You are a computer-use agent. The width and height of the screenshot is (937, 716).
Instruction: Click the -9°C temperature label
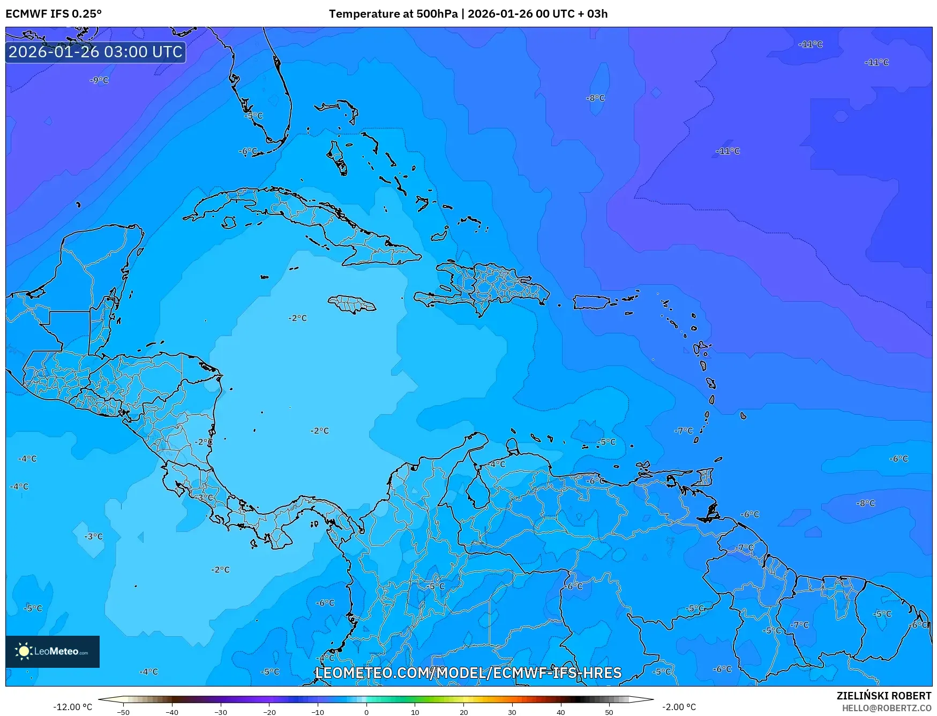99,80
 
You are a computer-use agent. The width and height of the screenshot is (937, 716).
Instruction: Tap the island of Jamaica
352,304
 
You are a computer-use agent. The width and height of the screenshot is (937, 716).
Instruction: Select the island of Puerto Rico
594,302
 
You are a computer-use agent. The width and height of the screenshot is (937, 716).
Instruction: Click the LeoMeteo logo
53,651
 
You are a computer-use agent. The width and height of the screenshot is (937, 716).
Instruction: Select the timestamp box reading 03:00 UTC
95,52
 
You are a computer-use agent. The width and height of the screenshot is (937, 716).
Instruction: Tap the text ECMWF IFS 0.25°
53,13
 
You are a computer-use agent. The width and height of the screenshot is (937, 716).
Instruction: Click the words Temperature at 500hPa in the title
393,13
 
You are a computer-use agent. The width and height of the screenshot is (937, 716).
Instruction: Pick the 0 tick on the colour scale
366,712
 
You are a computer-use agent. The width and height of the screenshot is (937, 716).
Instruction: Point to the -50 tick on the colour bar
123,712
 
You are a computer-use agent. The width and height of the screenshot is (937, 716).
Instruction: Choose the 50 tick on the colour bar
609,712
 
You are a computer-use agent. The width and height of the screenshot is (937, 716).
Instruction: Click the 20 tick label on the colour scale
463,712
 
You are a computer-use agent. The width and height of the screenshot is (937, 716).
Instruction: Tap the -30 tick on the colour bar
220,712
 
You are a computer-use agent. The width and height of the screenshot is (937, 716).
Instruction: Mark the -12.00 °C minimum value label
72,707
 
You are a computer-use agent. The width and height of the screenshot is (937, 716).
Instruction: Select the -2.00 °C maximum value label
679,707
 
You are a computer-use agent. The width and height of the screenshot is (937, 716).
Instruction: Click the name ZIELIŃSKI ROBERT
883,696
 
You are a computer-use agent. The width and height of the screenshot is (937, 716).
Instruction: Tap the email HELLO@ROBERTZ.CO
886,708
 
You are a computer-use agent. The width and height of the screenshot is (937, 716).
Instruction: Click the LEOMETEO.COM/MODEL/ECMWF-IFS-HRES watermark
468,673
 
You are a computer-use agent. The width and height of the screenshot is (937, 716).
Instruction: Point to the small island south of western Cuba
229,222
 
